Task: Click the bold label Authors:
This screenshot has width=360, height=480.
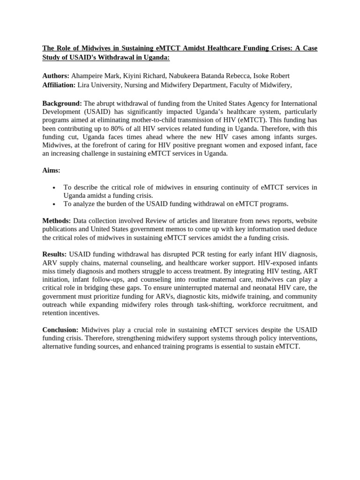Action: point(56,75)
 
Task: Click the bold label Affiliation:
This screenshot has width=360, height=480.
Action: point(59,84)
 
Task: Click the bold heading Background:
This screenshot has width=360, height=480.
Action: point(62,103)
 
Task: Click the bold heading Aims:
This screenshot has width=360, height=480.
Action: point(51,170)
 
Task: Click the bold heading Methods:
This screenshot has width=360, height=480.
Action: point(57,220)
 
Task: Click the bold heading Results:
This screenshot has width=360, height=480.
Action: point(54,254)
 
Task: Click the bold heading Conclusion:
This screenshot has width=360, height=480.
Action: point(61,330)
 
